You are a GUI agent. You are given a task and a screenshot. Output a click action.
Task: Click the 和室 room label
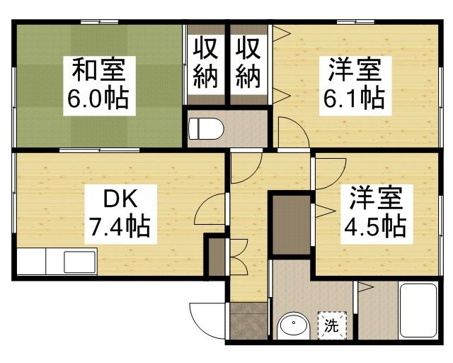[98, 72]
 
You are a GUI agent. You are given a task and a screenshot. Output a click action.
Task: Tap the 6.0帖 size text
[98, 99]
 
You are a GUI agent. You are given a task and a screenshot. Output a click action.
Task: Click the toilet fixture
[206, 129]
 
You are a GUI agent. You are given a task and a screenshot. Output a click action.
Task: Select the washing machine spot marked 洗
[331, 325]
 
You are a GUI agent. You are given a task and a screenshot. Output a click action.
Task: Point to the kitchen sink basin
[79, 262]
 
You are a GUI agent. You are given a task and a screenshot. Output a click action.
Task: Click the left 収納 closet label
[206, 62]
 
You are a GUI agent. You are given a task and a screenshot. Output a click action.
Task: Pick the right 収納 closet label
[248, 62]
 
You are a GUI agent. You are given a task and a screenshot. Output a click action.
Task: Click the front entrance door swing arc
[205, 319]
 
